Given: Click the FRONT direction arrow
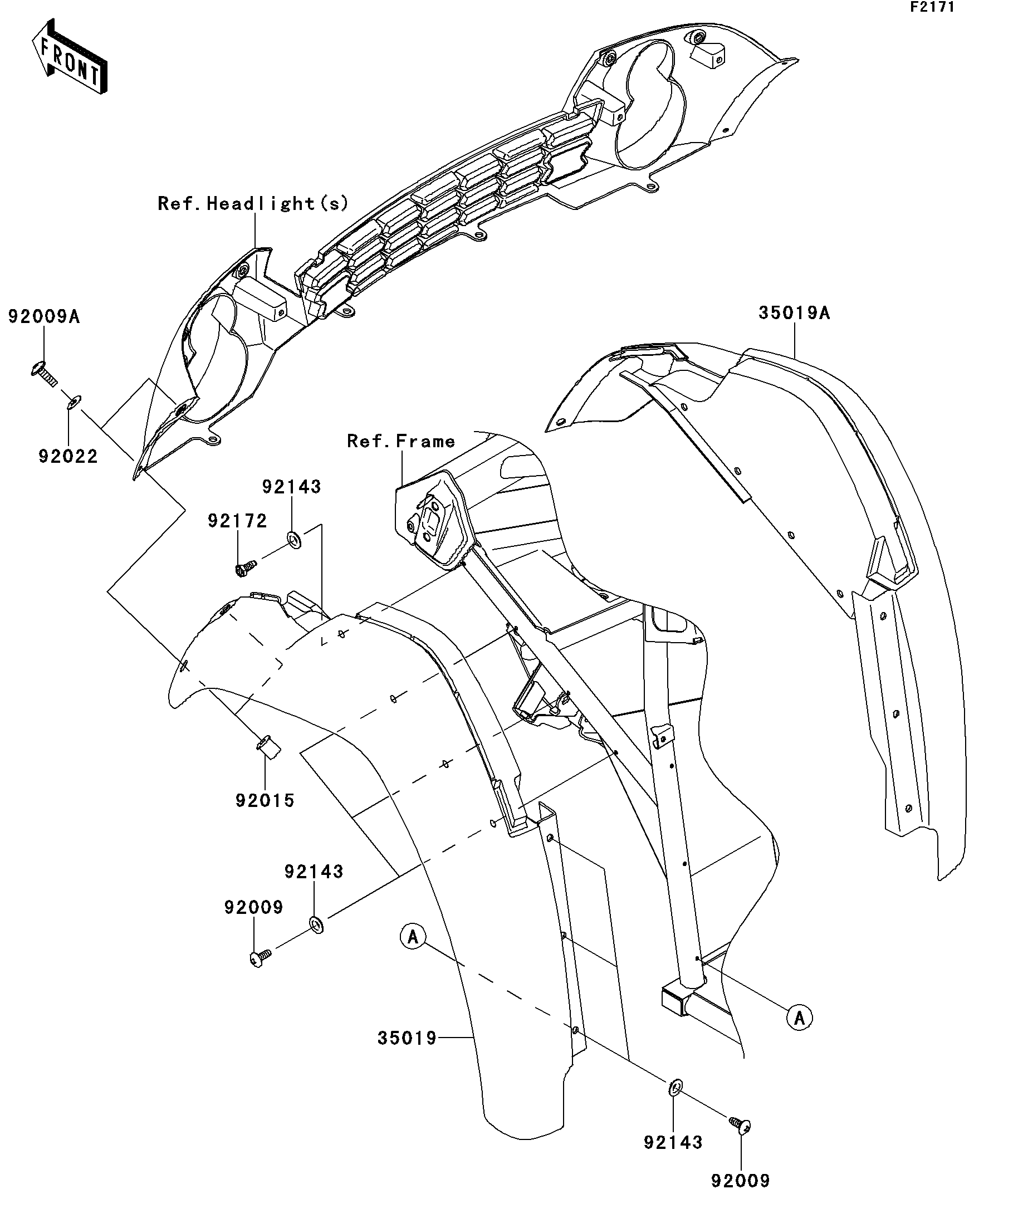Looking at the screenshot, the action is pos(69,57).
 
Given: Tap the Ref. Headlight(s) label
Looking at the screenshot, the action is pos(253,203).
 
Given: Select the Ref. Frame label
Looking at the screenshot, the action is pos(401,441).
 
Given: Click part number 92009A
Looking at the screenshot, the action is pos(44,316).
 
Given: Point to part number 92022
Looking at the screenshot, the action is pos(68,456).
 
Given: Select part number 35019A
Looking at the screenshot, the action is pos(794,313).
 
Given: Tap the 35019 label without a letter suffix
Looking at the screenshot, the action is pos(407,1038).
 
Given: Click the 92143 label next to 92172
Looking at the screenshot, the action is pos(291,487).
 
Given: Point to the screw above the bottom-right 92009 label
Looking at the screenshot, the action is pos(740,1124).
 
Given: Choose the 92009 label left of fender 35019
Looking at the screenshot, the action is pos(254,907).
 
